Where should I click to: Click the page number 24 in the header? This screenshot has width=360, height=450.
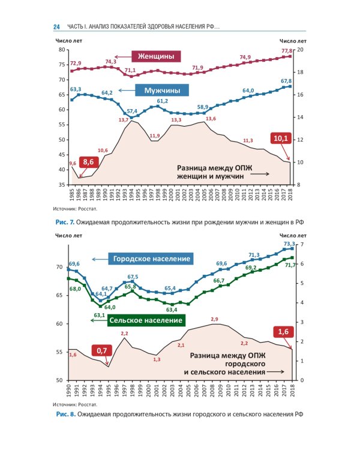[x=56, y=27]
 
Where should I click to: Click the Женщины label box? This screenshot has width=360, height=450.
[x=156, y=56]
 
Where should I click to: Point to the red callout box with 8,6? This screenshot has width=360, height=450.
[x=89, y=162]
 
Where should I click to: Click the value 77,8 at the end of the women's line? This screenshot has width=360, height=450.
[x=286, y=51]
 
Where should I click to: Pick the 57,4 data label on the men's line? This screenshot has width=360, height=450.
[x=132, y=111]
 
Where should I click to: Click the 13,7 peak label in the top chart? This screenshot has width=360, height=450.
[x=124, y=120]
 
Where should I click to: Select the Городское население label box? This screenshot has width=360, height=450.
[x=152, y=259]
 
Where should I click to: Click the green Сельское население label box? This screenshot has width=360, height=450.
[x=146, y=320]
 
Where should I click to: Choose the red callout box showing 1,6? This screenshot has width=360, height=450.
[x=283, y=331]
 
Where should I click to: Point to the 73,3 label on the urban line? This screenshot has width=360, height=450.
[x=289, y=244]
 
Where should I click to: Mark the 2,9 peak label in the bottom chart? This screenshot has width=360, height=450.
[x=214, y=319]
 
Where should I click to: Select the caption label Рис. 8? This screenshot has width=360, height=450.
[x=65, y=414]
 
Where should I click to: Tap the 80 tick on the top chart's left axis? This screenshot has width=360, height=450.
[x=62, y=49]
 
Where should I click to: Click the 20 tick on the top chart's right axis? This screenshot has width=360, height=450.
[x=301, y=49]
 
